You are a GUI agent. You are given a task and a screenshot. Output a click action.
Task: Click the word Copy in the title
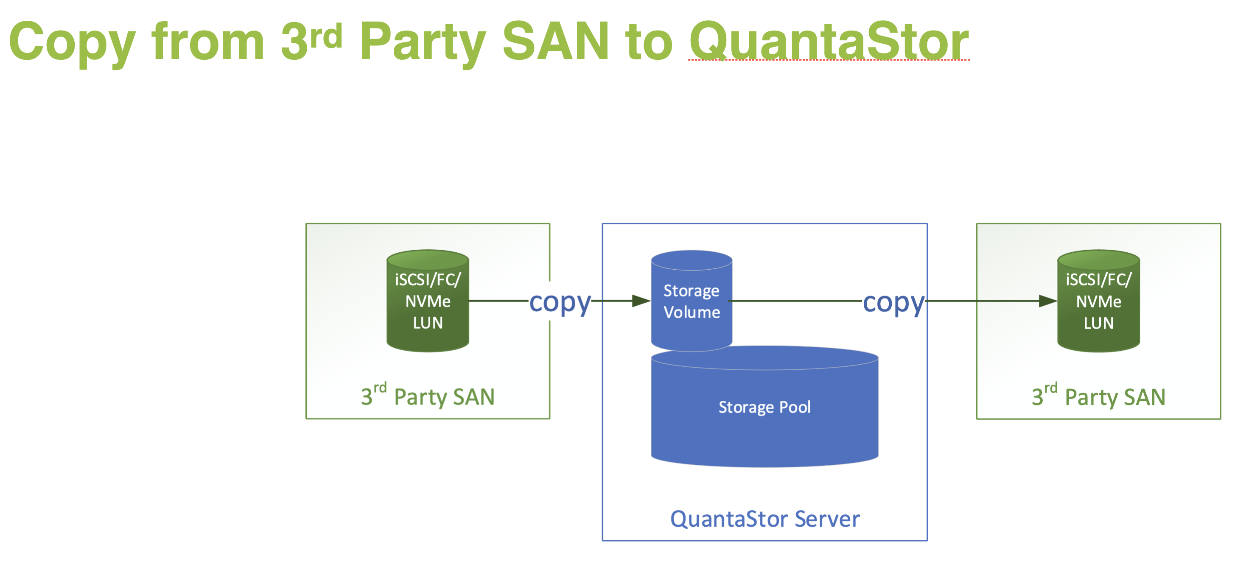(x=72, y=43)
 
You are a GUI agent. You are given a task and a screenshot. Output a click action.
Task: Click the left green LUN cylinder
(x=428, y=301)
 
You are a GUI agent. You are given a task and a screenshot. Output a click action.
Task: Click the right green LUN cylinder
(x=1098, y=301)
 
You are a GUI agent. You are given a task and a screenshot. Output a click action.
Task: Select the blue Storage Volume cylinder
(x=692, y=301)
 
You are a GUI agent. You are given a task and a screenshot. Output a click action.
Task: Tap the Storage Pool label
(x=764, y=407)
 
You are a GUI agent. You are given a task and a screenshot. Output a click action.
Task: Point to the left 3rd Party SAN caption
(x=428, y=396)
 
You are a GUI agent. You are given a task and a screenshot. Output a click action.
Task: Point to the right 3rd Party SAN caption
(x=1098, y=396)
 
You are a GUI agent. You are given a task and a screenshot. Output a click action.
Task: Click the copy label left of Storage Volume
(x=560, y=302)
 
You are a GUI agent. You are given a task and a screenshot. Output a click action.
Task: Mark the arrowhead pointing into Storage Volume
(x=641, y=301)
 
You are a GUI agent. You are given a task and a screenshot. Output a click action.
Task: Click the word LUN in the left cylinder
(x=428, y=323)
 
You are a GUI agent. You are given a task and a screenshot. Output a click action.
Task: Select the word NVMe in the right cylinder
(x=1098, y=301)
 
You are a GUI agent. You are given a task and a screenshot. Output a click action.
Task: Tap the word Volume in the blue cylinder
(x=692, y=312)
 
